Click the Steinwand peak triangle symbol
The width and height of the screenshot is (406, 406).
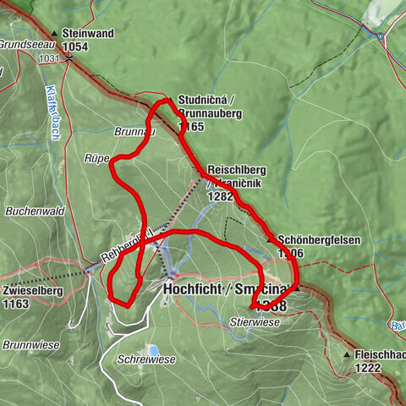(x=53, y=36)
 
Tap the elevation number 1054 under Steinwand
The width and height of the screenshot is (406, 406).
(x=76, y=47)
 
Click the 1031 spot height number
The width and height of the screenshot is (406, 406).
(x=49, y=58)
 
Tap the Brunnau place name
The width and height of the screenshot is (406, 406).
(x=131, y=132)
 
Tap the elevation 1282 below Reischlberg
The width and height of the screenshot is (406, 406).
(x=220, y=195)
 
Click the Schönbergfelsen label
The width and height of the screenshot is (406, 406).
(x=320, y=240)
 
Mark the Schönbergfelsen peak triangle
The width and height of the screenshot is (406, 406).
(x=271, y=240)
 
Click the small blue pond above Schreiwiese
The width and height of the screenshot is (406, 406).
(x=153, y=348)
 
